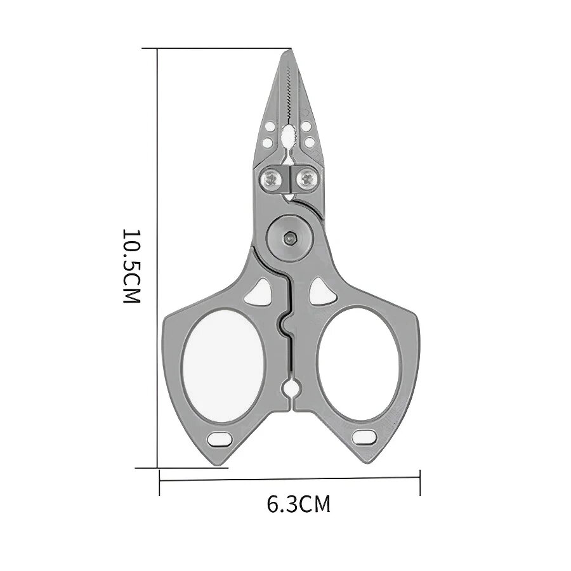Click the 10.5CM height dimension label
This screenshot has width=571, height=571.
(x=131, y=266)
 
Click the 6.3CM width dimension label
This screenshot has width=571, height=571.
(x=299, y=504)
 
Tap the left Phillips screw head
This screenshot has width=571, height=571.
(x=272, y=179)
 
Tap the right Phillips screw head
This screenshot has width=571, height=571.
(x=307, y=179)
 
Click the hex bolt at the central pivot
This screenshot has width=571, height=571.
(x=289, y=238)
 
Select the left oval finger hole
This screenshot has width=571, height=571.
(x=223, y=365)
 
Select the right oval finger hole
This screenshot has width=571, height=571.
(x=360, y=364)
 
